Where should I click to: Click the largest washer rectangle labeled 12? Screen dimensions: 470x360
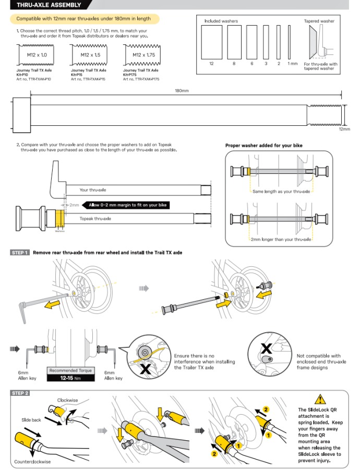211,42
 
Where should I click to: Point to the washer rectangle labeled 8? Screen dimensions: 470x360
234,42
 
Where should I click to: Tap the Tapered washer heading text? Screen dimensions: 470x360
319,21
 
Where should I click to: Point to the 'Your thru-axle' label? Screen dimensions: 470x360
92,190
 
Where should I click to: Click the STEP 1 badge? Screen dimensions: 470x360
20,253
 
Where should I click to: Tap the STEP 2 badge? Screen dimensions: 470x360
20,393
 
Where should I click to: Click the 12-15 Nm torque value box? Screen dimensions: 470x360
70,378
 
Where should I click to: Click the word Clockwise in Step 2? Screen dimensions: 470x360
67,401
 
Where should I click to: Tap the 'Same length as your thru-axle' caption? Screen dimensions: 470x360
281,192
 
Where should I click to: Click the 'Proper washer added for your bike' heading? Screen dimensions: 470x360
263,146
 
